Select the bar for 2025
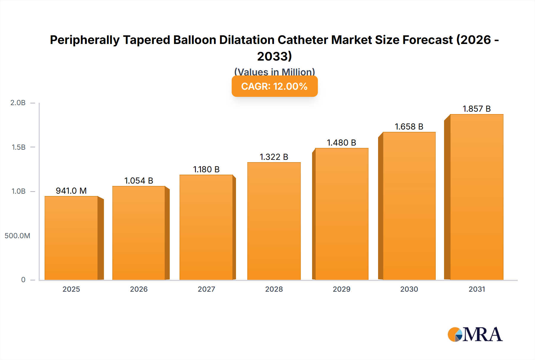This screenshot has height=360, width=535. coord(71,238)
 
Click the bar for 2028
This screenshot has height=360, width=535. coord(274,221)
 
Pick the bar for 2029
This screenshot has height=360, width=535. coord(342,214)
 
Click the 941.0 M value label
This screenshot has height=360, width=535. coord(71,191)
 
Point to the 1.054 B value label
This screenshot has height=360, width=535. coord(139,181)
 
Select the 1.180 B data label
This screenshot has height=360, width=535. coord(206,169)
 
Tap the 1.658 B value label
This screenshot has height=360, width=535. coord(409,127)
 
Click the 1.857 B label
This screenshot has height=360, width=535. coord(476,109)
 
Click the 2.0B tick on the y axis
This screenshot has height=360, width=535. coord(18,103)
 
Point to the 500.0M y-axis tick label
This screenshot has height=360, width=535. coord(17,236)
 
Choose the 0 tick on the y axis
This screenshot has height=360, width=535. coord(23,280)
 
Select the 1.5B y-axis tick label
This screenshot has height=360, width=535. coord(18,147)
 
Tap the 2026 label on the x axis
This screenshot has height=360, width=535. coord(139,289)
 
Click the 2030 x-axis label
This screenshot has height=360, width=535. coord(409,289)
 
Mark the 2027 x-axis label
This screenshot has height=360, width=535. coord(206,289)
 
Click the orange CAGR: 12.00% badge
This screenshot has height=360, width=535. coord(274,86)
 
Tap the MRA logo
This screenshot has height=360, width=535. coord(475,334)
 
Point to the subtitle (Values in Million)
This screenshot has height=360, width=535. coord(274,72)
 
